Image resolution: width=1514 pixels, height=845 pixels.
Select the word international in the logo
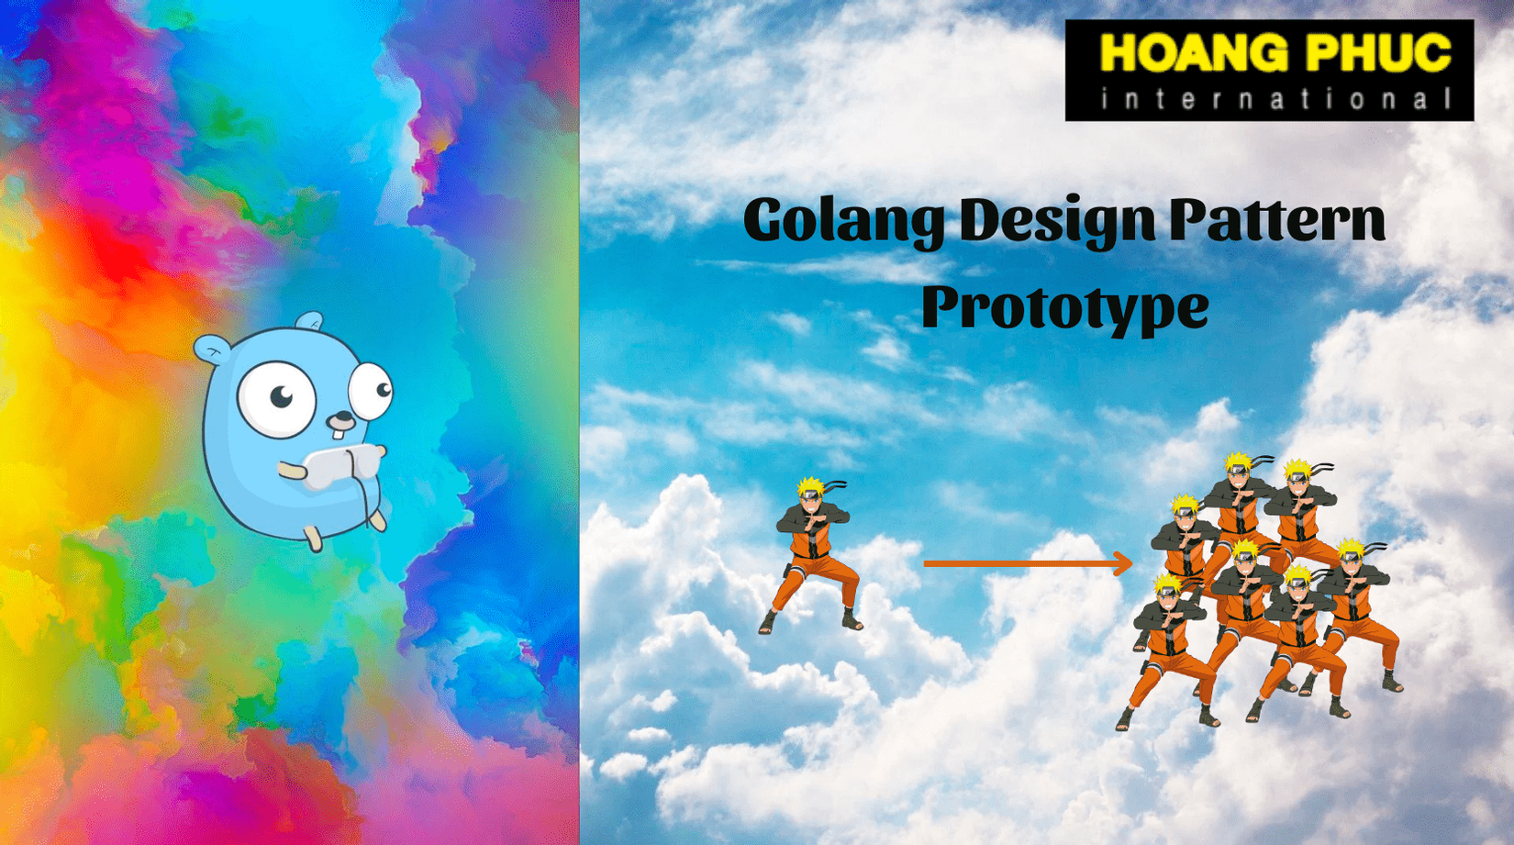1275,99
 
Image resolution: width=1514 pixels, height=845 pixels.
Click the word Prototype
1065,308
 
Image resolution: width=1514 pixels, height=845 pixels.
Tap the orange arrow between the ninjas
1028,563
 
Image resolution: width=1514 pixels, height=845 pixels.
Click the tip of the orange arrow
1132,563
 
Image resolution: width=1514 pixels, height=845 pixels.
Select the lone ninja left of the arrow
811,555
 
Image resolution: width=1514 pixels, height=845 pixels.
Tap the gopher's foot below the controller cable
377,519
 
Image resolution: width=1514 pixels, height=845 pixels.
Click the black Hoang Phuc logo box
1269,71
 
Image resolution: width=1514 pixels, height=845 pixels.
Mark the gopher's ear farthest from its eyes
211,350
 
